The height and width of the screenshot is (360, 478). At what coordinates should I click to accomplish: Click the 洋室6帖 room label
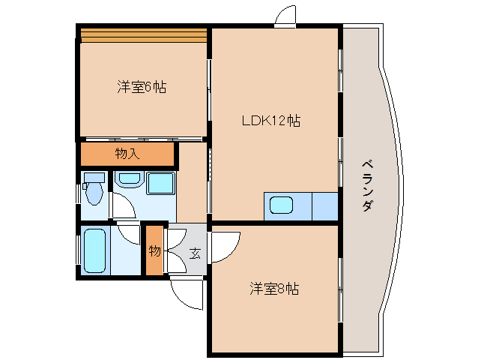141,87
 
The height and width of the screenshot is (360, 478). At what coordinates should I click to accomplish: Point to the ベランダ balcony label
367,184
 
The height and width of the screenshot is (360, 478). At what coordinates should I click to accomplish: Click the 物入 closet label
127,154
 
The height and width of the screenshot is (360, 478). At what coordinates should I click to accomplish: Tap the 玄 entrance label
194,253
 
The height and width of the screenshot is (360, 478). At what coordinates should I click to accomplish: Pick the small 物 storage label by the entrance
154,250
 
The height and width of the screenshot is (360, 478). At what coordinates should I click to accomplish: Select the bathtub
95,250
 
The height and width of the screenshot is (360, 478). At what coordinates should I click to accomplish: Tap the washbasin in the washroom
129,180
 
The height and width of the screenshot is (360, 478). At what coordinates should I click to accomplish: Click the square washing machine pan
160,184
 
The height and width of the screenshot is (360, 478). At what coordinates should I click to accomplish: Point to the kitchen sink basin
282,204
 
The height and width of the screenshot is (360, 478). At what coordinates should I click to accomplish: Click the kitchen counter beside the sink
324,206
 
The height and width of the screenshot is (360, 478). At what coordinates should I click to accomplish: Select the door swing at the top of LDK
285,16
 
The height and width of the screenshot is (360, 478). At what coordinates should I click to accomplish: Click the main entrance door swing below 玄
187,294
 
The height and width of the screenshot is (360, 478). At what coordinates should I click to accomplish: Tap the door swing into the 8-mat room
225,244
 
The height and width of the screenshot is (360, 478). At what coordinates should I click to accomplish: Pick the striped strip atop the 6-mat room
143,34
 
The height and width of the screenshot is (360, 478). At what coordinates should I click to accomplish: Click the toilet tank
94,177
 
